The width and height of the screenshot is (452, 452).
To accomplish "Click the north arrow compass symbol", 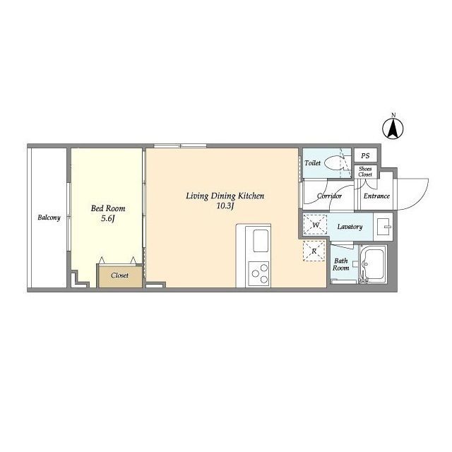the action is [x=393, y=129].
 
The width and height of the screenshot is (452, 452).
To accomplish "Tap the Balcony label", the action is [x=49, y=218].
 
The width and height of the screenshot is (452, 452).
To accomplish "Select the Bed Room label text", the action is [x=108, y=208].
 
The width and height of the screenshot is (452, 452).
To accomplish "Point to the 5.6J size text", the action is [x=108, y=218].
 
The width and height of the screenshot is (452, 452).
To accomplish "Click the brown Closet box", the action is [x=120, y=276].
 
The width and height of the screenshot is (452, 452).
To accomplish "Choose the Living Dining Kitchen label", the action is [x=225, y=196].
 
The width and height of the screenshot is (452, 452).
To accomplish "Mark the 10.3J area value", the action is [x=225, y=206].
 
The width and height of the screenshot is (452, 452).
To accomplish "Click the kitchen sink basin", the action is [x=261, y=241].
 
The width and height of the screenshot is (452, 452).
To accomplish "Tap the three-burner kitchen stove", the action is [x=259, y=273].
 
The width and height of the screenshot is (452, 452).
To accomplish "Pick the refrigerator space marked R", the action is [x=314, y=251].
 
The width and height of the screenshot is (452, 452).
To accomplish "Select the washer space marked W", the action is [x=315, y=225].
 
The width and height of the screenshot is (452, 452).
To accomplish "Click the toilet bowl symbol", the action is [x=334, y=163].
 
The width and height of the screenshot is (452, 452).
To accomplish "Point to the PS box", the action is [x=365, y=155].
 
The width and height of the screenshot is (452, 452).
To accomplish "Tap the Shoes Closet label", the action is [x=365, y=172].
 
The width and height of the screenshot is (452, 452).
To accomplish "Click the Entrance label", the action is [x=376, y=196].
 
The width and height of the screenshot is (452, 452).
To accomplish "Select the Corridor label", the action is [x=329, y=196].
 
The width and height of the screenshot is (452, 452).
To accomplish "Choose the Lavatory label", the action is [x=350, y=227].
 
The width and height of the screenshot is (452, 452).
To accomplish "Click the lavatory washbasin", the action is [x=383, y=227].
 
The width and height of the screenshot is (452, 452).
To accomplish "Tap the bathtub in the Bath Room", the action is [x=373, y=264].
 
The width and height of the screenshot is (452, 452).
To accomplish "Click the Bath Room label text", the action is [x=340, y=264].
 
